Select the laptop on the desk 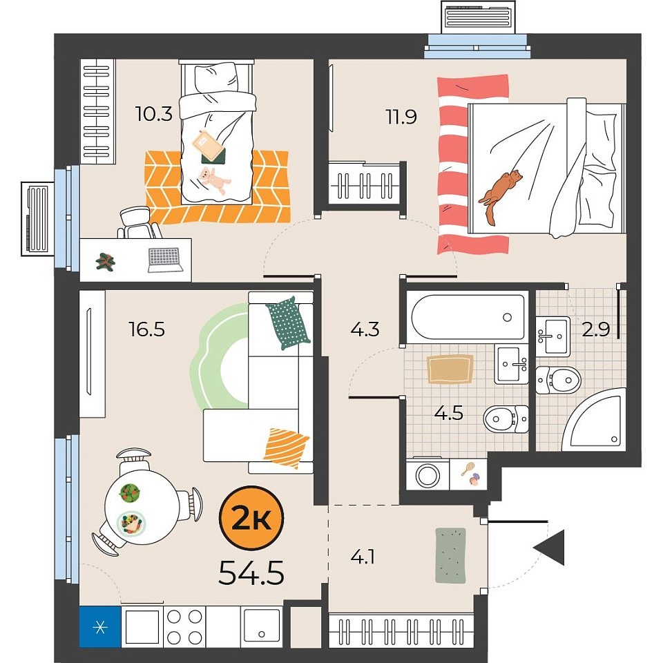[x=165, y=260]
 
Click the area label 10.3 [x=153, y=114]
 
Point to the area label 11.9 [x=401, y=117]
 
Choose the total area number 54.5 [x=251, y=573]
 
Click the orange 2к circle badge [x=251, y=519]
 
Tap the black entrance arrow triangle [x=550, y=548]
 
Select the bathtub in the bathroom [x=468, y=317]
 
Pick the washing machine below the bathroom [x=427, y=474]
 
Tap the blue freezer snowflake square [x=100, y=626]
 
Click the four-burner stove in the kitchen [x=184, y=626]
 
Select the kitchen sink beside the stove [x=261, y=626]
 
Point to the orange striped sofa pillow [x=286, y=448]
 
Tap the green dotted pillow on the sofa [x=288, y=323]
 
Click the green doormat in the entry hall [x=451, y=555]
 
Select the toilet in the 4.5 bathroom [x=506, y=419]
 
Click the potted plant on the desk [x=105, y=261]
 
